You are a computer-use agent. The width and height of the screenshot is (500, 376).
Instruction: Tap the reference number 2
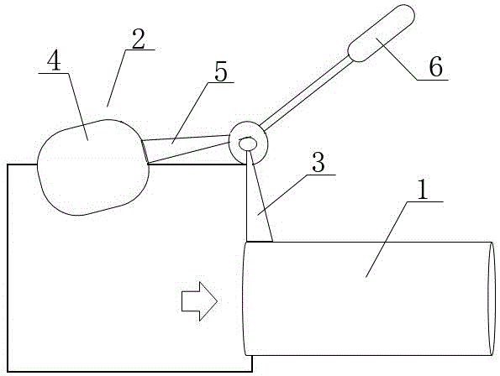pos(139,39)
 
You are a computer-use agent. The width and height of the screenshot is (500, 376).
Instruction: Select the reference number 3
pos(318,162)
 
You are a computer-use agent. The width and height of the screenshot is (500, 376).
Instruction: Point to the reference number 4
pos(54,61)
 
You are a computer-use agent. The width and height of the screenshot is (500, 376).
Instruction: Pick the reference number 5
pos(221,71)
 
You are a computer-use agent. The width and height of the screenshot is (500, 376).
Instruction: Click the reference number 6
pos(435,67)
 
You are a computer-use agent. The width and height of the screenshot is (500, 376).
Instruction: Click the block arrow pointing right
pos(200,300)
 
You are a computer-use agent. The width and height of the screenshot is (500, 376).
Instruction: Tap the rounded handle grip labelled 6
pos(381,33)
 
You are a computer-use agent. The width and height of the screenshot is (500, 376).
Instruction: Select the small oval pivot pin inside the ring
pos(248,144)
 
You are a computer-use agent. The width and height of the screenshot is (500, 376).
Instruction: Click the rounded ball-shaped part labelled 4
pos(93,168)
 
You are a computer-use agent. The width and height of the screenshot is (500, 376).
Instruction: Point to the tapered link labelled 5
pos(187,149)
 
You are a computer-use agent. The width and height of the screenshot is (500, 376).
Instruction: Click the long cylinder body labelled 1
pos(369,299)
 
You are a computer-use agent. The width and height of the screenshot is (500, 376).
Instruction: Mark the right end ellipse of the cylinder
pos(492,299)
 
